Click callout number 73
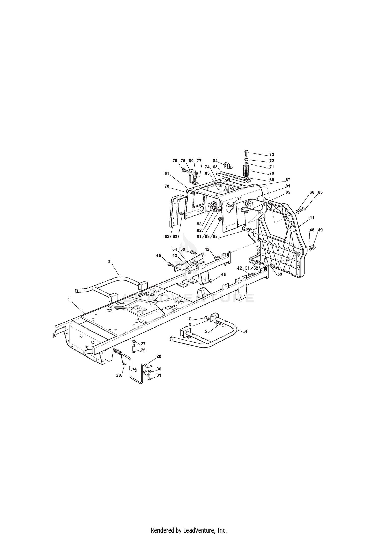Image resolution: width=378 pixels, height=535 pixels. click(x=272, y=154)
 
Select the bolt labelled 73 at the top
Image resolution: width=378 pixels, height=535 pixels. click(x=246, y=153)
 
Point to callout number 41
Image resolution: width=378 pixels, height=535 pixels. click(x=312, y=217)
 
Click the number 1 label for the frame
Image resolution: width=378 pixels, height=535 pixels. click(x=68, y=300)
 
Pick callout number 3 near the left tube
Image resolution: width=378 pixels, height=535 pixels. click(x=109, y=262)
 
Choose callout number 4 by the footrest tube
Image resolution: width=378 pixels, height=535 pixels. click(x=246, y=331)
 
